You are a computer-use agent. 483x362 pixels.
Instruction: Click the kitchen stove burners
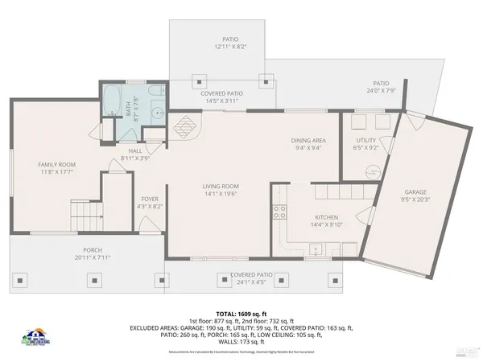pos(279,212)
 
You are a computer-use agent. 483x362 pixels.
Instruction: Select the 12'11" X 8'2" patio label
pos(230,43)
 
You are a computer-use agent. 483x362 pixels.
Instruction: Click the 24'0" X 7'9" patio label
pos(381,87)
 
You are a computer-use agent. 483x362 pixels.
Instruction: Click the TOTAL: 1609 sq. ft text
pos(241,313)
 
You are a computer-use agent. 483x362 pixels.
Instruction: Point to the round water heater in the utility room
pos(372,171)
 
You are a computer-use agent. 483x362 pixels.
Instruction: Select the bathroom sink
pos(158,113)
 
